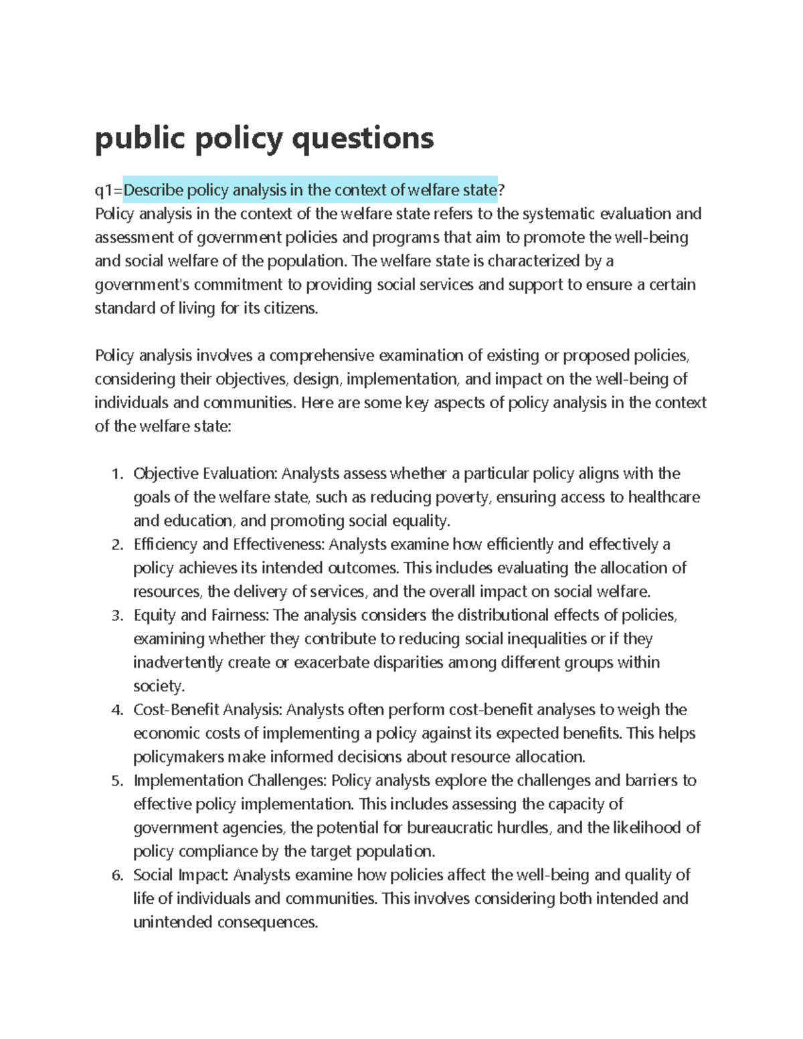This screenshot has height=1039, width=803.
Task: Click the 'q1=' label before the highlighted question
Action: point(108,191)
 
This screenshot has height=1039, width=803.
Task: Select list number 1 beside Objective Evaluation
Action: point(117,474)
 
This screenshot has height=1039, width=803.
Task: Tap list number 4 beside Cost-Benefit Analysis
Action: point(117,711)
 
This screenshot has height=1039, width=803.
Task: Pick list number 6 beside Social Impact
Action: point(117,876)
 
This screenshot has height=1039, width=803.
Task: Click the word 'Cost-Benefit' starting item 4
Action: point(176,710)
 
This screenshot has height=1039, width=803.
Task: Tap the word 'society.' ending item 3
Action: point(159,686)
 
